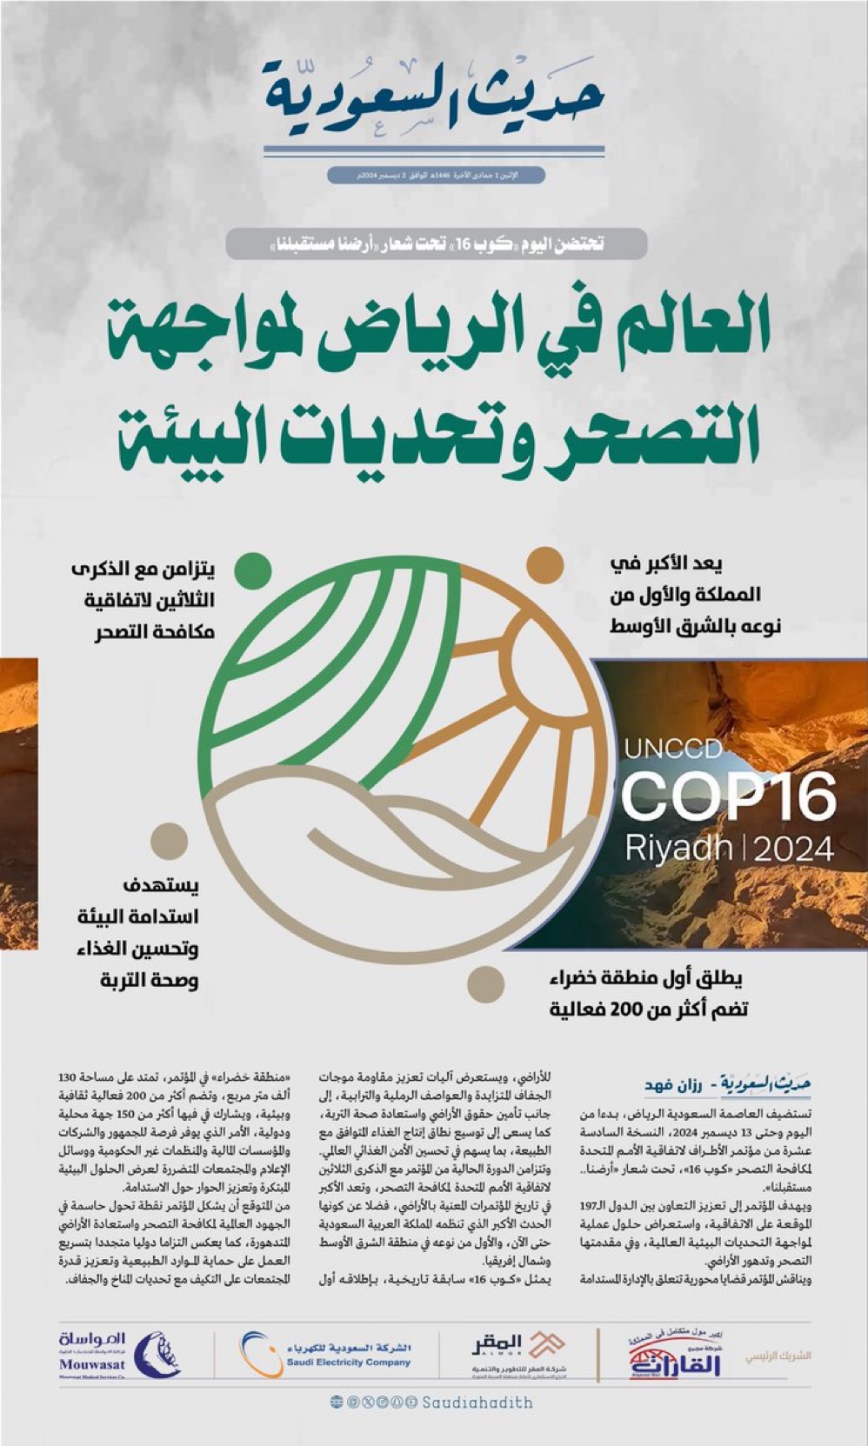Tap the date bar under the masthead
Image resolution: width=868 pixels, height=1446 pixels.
pyautogui.click(x=436, y=176)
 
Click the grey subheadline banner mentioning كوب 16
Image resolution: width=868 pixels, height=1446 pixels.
pyautogui.click(x=436, y=244)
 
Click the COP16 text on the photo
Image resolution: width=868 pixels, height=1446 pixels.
pyautogui.click(x=729, y=796)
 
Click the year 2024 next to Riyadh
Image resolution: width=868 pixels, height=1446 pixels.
pyautogui.click(x=793, y=849)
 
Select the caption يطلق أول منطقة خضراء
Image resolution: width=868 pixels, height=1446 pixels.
pyautogui.click(x=648, y=993)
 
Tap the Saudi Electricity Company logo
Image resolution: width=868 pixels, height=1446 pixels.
pyautogui.click(x=326, y=1355)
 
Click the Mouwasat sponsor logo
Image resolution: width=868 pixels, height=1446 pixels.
pyautogui.click(x=117, y=1355)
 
